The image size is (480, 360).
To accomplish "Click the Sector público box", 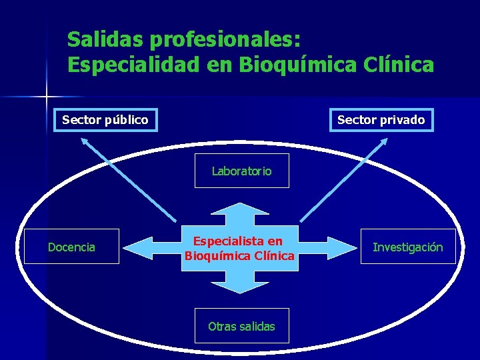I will (x=105, y=120).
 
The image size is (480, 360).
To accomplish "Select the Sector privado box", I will (x=381, y=120).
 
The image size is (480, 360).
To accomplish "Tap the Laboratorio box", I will (x=241, y=171).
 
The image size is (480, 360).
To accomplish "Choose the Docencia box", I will (x=71, y=247).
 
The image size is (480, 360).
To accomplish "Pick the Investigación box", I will (x=407, y=247).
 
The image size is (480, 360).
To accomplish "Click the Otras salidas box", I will (x=241, y=326).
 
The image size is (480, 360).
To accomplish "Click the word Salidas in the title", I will (x=105, y=39).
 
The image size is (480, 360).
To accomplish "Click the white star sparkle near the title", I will (x=47, y=97).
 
